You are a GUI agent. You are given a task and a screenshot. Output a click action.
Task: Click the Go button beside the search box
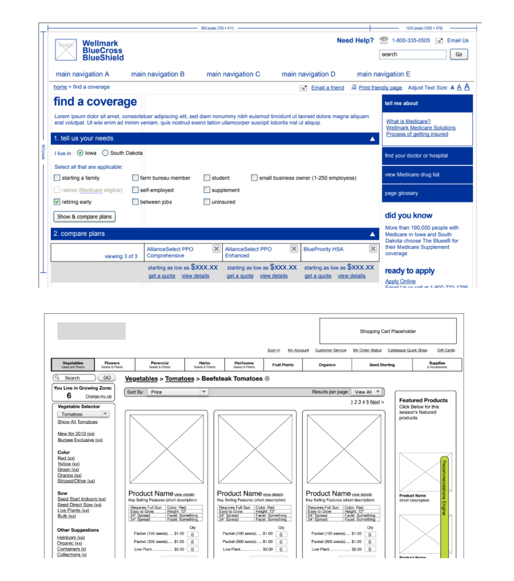pyautogui.click(x=458, y=54)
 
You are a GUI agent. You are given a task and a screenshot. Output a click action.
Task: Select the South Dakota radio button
pyautogui.click(x=105, y=153)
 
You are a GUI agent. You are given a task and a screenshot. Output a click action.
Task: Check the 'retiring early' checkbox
pyautogui.click(x=57, y=202)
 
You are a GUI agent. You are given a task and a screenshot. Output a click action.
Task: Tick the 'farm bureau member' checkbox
pyautogui.click(x=135, y=178)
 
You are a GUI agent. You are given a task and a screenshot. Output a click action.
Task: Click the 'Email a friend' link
pyautogui.click(x=327, y=88)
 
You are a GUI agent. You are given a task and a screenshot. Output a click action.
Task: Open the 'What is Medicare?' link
pyautogui.click(x=408, y=121)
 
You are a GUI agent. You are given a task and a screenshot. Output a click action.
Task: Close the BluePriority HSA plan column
pyautogui.click(x=373, y=249)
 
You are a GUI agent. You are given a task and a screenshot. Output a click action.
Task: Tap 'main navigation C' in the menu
pyautogui.click(x=233, y=74)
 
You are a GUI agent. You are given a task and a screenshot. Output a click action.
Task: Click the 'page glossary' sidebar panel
pyautogui.click(x=427, y=193)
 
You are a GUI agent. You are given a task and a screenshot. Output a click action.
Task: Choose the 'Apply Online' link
pyautogui.click(x=400, y=281)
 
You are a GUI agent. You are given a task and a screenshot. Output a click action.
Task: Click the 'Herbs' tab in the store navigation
pyautogui.click(x=204, y=365)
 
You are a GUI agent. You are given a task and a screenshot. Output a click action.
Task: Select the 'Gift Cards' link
pyautogui.click(x=446, y=350)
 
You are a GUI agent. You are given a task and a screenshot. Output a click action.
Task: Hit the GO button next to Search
pyautogui.click(x=107, y=377)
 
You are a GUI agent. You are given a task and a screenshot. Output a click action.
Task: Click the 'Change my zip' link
pyautogui.click(x=98, y=396)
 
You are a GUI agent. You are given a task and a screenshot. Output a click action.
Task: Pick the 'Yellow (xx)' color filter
pyautogui.click(x=68, y=463)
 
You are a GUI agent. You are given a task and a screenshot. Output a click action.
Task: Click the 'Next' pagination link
pyautogui.click(x=375, y=402)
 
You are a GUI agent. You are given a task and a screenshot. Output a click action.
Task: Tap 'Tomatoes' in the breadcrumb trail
pyautogui.click(x=180, y=379)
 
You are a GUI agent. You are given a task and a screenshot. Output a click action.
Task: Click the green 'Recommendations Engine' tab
pyautogui.click(x=444, y=487)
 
